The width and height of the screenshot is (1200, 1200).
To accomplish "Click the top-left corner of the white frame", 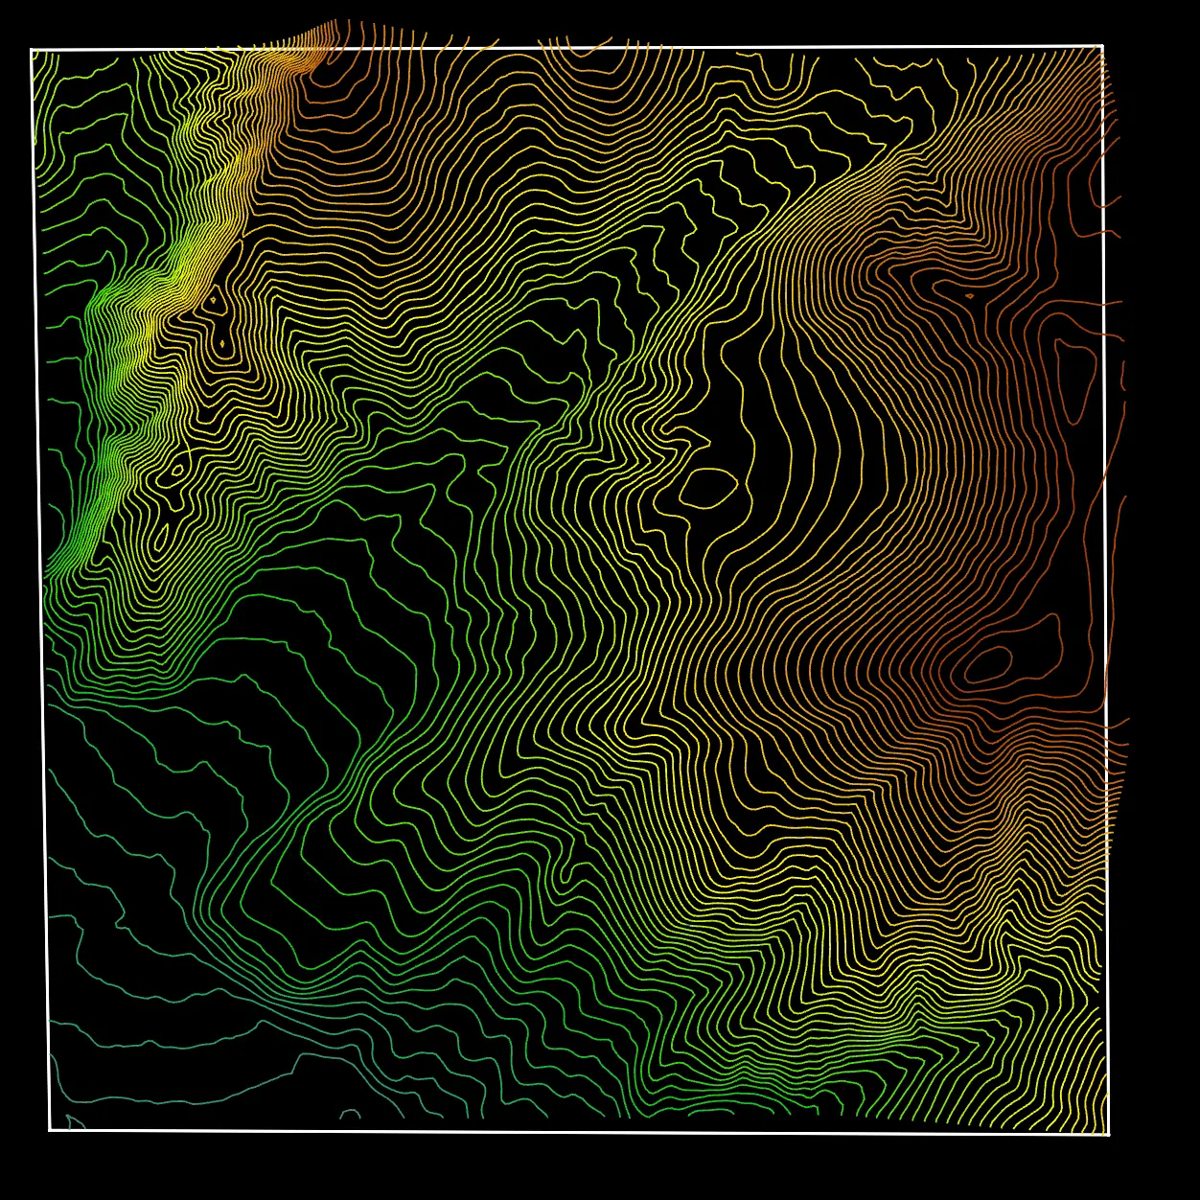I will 32,49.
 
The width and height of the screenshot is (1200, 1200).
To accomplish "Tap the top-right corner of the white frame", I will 1102,45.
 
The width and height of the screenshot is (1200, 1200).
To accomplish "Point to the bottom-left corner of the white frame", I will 50,1130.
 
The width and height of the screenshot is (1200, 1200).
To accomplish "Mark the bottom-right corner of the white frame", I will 1108,1135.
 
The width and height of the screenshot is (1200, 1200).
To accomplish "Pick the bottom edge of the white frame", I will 575,1132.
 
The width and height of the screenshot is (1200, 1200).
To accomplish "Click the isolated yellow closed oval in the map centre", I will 708,488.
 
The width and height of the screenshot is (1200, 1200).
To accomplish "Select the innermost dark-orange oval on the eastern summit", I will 988,663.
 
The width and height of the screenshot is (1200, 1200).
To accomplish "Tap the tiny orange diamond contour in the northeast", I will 969,296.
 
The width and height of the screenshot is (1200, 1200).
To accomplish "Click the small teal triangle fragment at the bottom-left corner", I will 74,1121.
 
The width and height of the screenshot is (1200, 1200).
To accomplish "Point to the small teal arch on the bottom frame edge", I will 350,1114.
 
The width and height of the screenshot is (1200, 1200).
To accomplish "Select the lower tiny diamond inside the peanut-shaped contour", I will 222,342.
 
